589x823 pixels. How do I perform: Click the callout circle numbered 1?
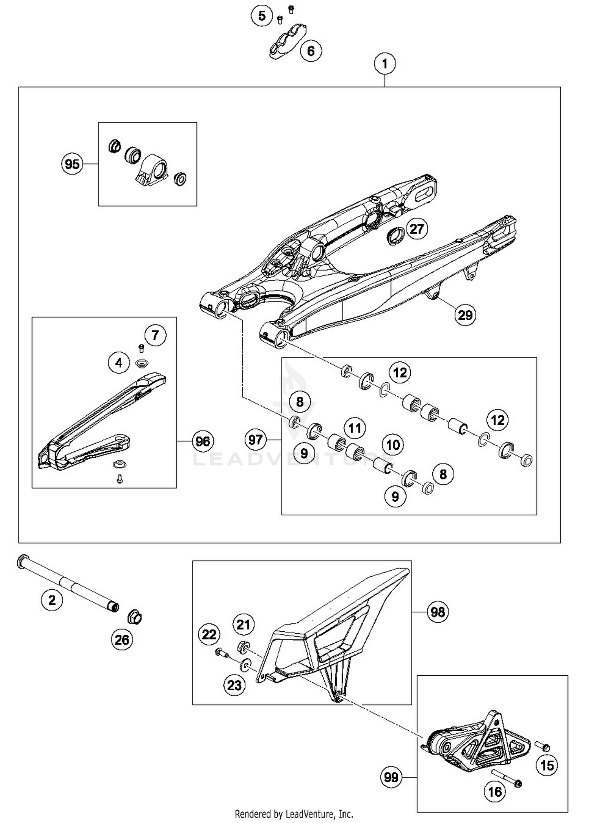384,64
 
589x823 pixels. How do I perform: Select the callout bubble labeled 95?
72,164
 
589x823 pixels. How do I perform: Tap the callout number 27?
417,229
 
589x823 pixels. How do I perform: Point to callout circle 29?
465,315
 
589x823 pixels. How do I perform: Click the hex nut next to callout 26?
135,618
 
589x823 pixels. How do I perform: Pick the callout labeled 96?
203,441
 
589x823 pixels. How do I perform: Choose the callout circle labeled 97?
255,439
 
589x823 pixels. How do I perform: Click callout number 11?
355,428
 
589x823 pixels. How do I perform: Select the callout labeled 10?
393,445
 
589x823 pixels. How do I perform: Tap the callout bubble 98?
438,612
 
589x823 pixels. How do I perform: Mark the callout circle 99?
391,777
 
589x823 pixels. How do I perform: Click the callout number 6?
311,51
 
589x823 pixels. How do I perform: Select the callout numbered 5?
262,16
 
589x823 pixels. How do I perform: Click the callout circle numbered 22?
209,634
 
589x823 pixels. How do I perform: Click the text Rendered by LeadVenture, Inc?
294,814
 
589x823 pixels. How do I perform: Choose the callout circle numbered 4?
119,363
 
